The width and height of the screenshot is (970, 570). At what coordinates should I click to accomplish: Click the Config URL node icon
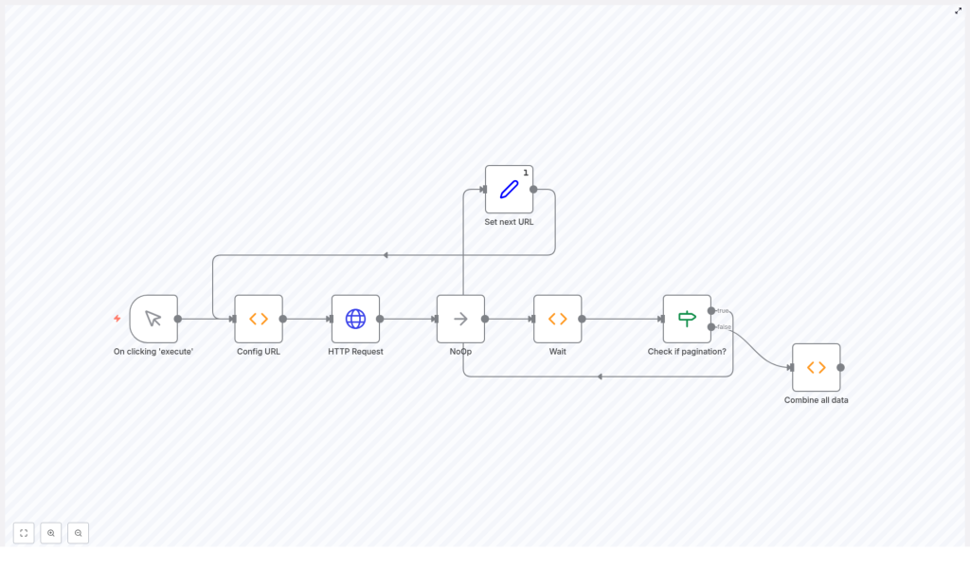pos(259,319)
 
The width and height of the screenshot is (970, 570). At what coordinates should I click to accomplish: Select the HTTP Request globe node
pos(355,319)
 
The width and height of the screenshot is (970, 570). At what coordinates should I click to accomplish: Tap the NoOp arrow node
pos(460,319)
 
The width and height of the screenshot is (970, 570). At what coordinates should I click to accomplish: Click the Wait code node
pos(557,319)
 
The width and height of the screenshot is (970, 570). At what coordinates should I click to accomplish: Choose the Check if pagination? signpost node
pos(687,319)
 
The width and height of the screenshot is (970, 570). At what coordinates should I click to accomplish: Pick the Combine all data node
pos(816,367)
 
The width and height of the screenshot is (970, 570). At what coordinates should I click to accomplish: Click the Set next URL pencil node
pos(509,190)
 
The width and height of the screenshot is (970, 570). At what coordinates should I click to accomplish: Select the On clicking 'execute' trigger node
pos(153,319)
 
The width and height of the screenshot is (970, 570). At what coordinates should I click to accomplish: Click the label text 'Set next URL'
pos(509,222)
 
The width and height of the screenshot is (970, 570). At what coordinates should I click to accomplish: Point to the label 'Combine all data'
pos(816,400)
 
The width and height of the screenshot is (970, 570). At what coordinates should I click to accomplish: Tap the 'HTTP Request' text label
pos(355,351)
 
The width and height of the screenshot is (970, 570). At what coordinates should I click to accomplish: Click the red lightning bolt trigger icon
pos(117,319)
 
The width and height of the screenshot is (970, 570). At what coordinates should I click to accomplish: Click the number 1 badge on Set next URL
pos(526,173)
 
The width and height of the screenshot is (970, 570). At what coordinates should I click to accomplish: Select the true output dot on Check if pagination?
pos(711,310)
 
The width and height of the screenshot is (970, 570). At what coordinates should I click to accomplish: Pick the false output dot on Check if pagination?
pos(711,327)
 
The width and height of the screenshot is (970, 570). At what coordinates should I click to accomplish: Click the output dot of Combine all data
pos(840,367)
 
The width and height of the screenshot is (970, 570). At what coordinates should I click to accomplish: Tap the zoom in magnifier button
pos(51,533)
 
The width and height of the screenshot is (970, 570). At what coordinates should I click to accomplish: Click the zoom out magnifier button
pos(78,533)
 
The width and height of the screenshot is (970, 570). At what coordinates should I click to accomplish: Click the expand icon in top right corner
pos(958,10)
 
